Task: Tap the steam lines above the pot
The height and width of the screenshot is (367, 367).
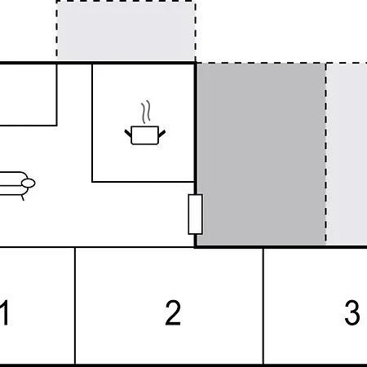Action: (146, 112)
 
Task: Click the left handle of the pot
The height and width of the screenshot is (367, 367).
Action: (128, 134)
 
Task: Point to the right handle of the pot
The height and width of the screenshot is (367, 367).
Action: (161, 134)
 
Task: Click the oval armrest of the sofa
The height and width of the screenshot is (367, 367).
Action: (29, 183)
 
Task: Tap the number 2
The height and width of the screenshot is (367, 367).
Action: (173, 312)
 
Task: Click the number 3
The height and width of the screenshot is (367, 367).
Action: (352, 312)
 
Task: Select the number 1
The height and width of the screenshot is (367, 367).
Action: (4, 312)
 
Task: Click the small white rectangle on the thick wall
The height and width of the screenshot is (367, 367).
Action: (196, 214)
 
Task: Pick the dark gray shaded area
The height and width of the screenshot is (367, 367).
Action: (261, 154)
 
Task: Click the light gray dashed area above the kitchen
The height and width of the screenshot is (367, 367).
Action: (126, 31)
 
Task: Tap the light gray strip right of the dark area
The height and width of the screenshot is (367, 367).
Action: (347, 154)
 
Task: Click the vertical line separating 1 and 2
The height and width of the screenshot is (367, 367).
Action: (75, 306)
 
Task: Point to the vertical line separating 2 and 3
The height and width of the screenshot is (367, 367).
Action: (263, 306)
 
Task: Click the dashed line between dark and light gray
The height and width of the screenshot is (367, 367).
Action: (326, 153)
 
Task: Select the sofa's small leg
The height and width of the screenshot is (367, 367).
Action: (23, 198)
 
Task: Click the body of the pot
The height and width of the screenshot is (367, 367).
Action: (145, 135)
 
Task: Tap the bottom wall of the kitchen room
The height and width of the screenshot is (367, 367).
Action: (144, 182)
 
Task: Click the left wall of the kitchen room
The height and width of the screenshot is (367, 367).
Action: (92, 123)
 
